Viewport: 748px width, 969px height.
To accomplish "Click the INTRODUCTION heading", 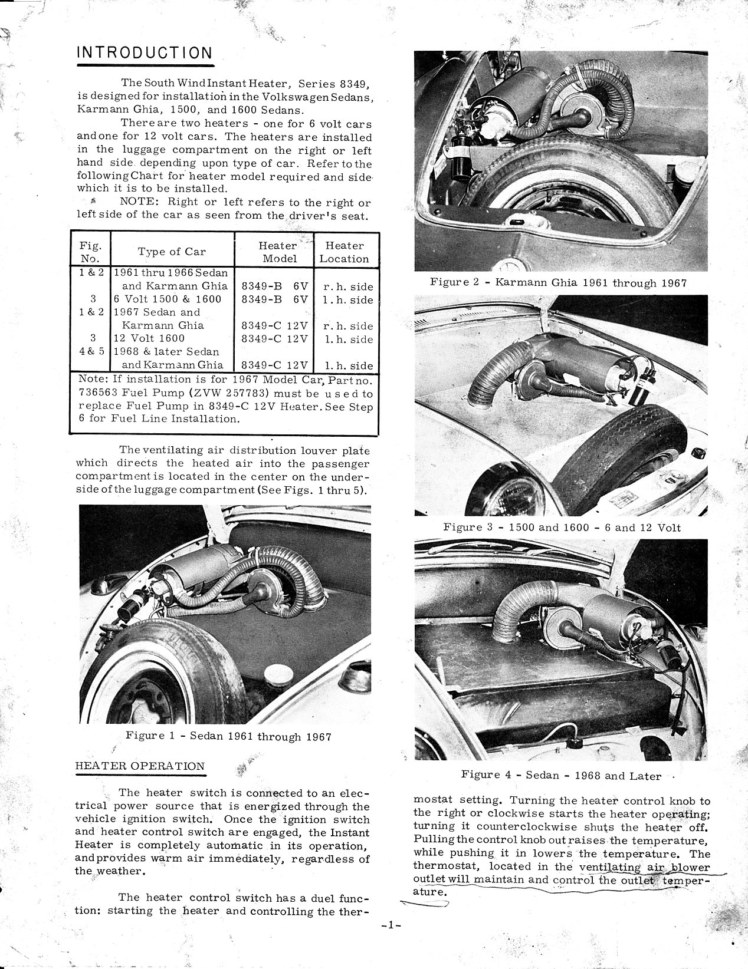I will (145, 52).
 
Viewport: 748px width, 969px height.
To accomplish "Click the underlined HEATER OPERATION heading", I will (140, 766).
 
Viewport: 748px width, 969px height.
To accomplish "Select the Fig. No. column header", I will (90, 252).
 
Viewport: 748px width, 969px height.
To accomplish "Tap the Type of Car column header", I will (172, 252).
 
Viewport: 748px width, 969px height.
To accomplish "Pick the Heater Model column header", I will (278, 252).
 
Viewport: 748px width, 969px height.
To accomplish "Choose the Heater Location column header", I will (345, 252).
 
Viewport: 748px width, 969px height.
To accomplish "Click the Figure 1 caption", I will (228, 737).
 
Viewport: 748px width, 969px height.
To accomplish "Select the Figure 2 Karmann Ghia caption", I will (558, 282).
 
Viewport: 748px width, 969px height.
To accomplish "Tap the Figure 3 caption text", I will (562, 527).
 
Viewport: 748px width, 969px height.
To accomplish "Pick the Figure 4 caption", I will (561, 776).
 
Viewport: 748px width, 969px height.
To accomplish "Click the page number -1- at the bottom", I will (391, 926).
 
